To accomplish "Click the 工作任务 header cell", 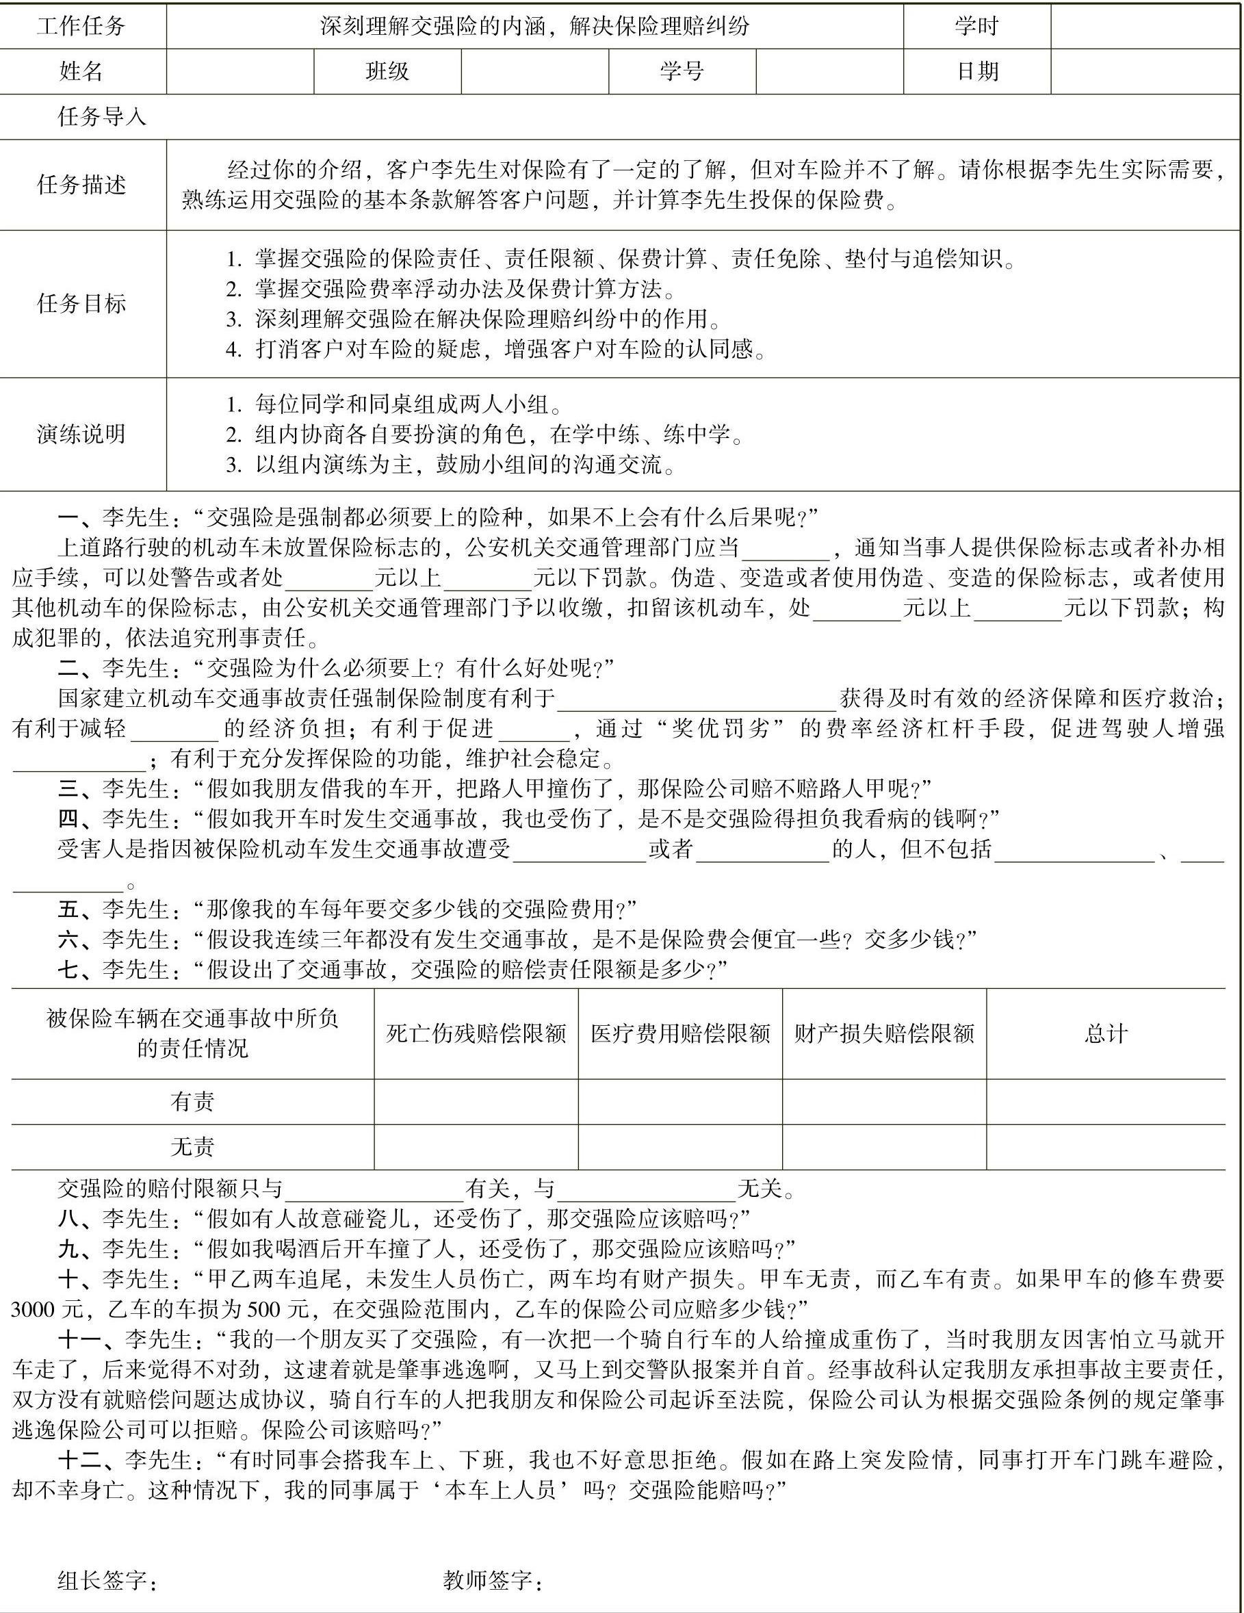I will tap(81, 27).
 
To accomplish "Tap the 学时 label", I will tap(976, 27).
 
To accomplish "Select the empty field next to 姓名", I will tap(240, 71).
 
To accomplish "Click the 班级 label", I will tap(387, 71).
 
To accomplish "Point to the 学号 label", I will tap(682, 71).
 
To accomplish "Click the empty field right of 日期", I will tap(1144, 71).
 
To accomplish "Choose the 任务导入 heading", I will tap(102, 117).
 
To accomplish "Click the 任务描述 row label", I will tap(81, 185).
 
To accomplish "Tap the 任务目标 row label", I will tap(81, 304).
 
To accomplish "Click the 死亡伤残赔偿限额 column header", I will tap(476, 1033).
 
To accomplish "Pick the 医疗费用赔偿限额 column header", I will tap(680, 1033).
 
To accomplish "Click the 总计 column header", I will tap(1105, 1033).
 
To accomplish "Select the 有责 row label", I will tap(192, 1101).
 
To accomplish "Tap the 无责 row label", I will tap(192, 1146).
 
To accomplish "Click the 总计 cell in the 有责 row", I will tap(1105, 1101).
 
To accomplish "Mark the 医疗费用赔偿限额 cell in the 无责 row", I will tap(680, 1146).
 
